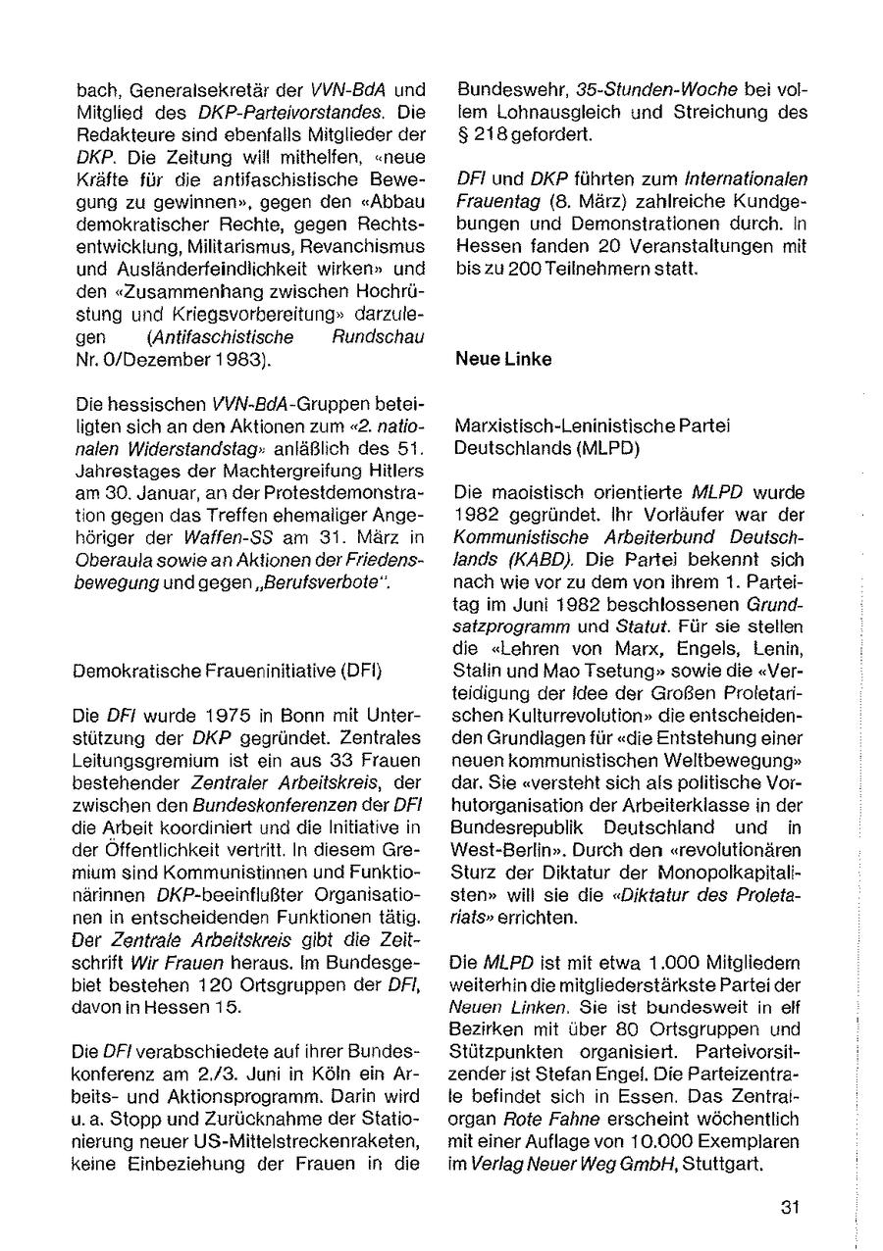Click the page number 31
click(x=792, y=1208)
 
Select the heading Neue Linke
click(x=503, y=359)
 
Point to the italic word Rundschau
click(x=385, y=336)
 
